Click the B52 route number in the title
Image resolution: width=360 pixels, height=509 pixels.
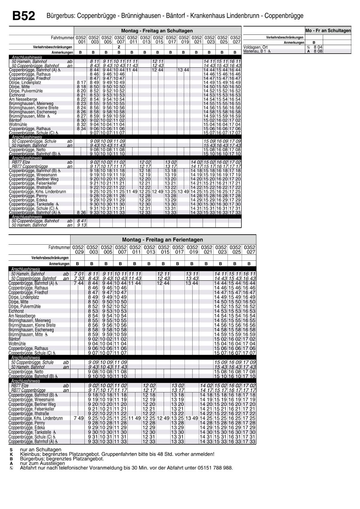pyautogui.click(x=24, y=16)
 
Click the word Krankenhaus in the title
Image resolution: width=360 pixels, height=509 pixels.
pyautogui.click(x=206, y=16)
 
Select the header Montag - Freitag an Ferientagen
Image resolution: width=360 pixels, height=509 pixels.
pyautogui.click(x=162, y=240)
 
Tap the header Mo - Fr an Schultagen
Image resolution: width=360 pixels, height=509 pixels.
pyautogui.click(x=328, y=31)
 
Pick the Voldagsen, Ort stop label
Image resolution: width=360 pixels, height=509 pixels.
pyautogui.click(x=256, y=47)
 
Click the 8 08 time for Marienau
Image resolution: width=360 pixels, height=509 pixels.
pyautogui.click(x=318, y=51)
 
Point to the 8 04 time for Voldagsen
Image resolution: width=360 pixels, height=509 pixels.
pyautogui.click(x=318, y=47)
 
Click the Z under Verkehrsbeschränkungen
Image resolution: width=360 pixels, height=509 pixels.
pyautogui.click(x=119, y=47)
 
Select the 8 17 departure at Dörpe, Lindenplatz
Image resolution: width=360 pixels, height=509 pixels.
pyautogui.click(x=81, y=83)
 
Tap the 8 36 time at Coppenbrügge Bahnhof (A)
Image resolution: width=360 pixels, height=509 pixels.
pyautogui.click(x=81, y=213)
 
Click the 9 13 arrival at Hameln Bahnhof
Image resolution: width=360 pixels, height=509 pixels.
pyautogui.click(x=81, y=225)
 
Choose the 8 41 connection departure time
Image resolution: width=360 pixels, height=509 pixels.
pyautogui.click(x=81, y=221)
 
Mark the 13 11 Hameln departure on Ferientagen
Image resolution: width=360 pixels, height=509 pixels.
pyautogui.click(x=192, y=274)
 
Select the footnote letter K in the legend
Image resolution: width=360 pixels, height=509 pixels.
pyautogui.click(x=11, y=454)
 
